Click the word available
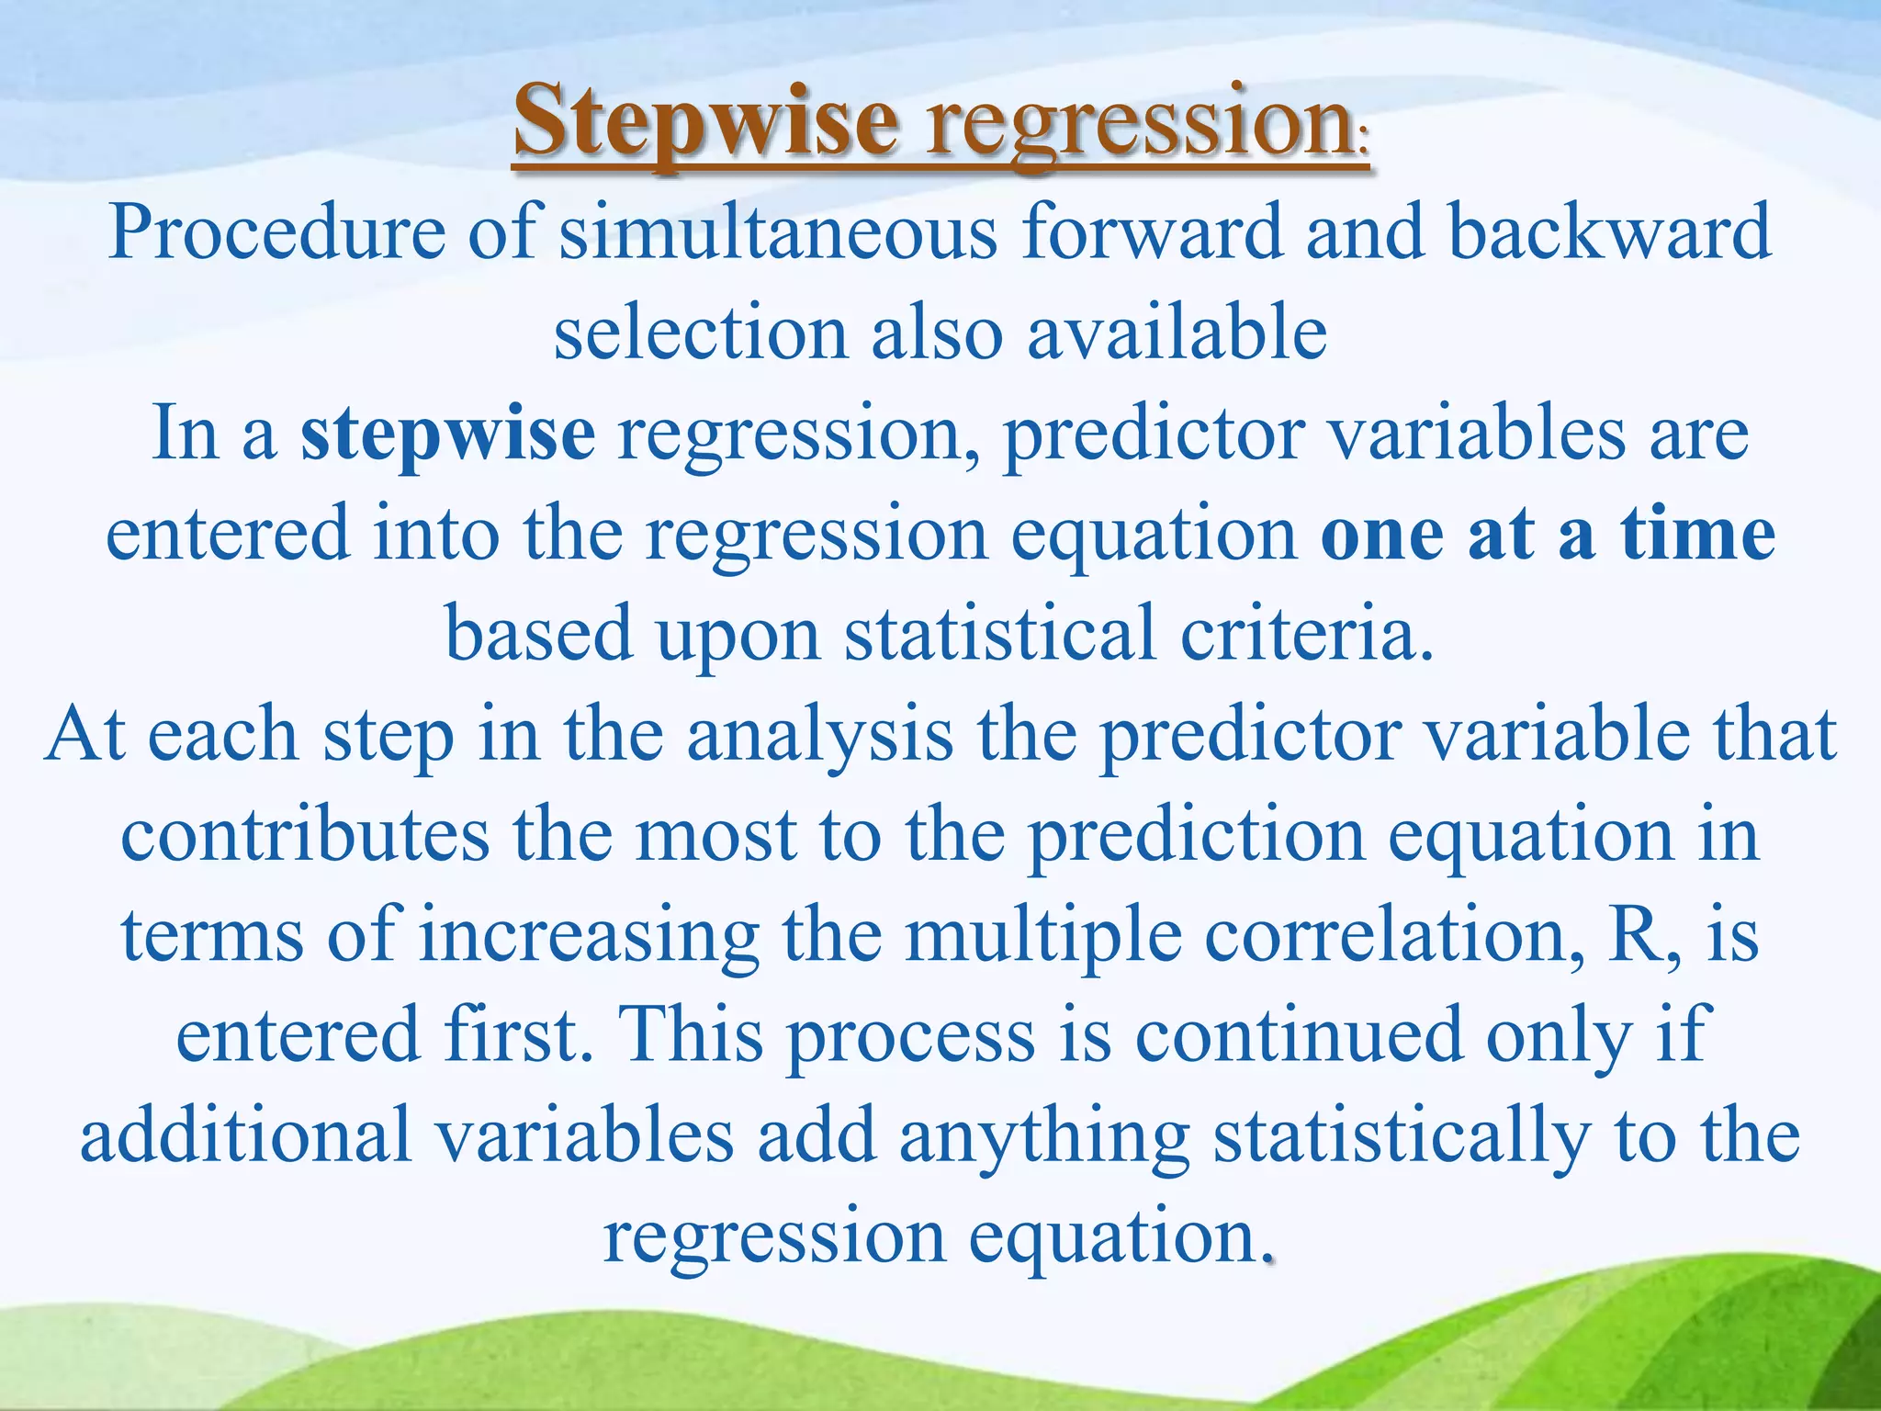tap(1177, 333)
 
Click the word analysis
tap(820, 737)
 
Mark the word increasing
tap(589, 936)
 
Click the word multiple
tap(1043, 936)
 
